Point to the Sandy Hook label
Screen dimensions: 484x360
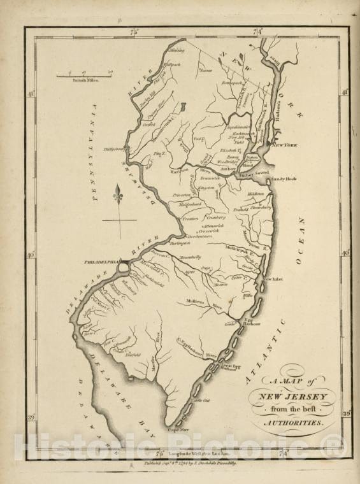coord(283,180)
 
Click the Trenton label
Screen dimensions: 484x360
coord(191,218)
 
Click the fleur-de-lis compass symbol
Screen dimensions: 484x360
coord(118,194)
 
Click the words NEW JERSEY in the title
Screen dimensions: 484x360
coord(301,397)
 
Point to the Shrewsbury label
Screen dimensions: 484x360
coord(261,207)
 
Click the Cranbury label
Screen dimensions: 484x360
coord(216,217)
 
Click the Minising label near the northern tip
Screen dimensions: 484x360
coord(176,50)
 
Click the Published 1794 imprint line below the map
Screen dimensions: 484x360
coord(189,464)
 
